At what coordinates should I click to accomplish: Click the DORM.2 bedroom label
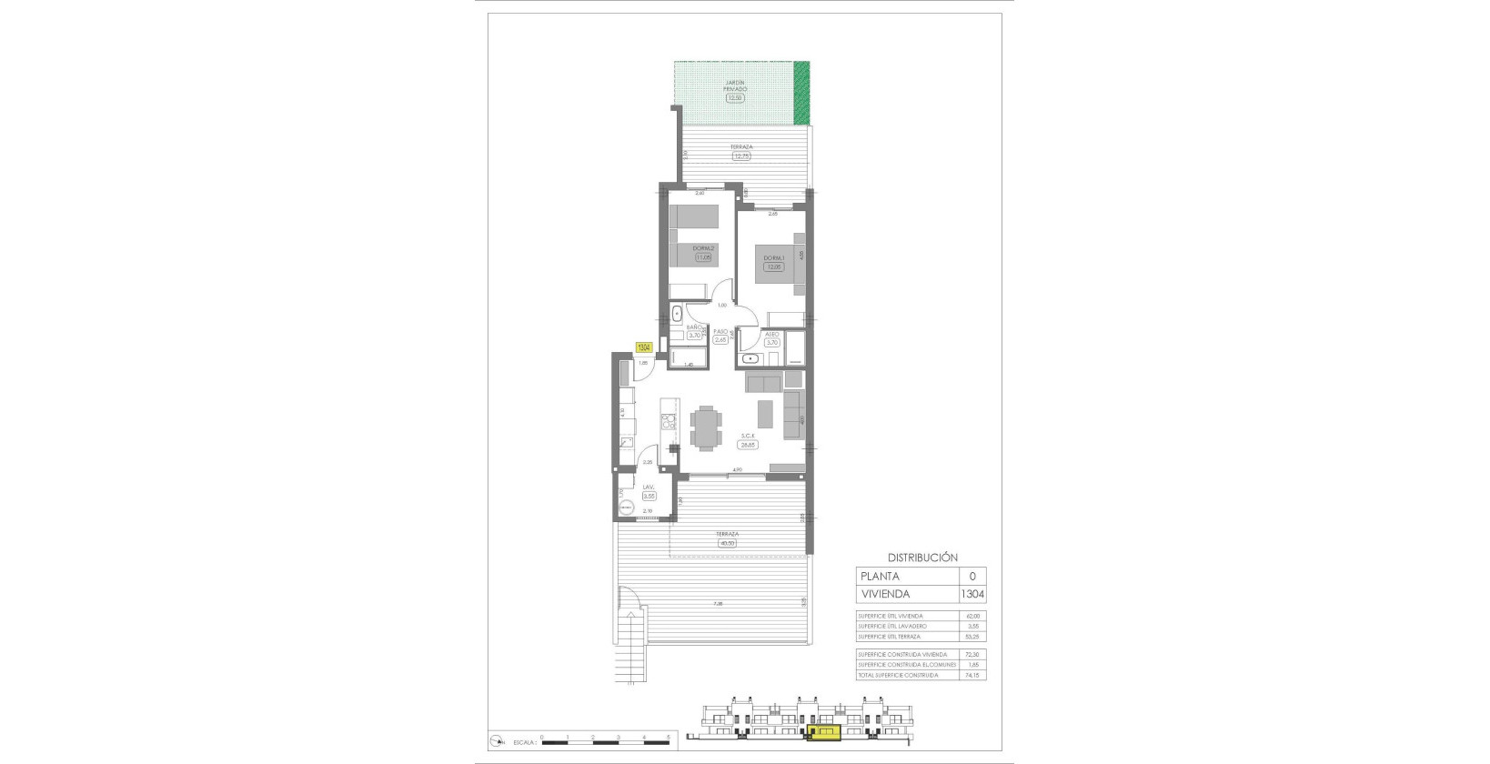point(702,248)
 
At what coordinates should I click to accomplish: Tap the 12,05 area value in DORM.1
point(773,266)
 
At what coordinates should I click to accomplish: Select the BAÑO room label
point(694,327)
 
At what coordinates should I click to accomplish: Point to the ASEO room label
point(772,334)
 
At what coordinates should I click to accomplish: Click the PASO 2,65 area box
point(720,340)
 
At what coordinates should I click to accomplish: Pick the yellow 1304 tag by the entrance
point(643,347)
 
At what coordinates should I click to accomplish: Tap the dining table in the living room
point(705,428)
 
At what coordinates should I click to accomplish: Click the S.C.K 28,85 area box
point(748,445)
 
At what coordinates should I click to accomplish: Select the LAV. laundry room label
point(649,488)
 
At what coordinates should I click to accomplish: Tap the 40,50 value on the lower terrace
point(726,543)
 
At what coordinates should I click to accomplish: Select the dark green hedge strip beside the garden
point(800,93)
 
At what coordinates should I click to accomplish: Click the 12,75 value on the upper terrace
point(741,156)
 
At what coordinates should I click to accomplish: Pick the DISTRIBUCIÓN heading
point(922,558)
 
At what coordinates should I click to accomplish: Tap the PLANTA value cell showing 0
point(972,576)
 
